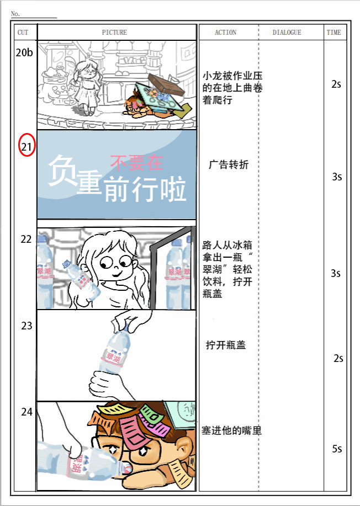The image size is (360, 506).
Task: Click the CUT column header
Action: [23, 32]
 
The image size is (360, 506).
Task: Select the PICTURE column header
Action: [114, 32]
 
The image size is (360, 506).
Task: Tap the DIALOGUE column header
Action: [287, 32]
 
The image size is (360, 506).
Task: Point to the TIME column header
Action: [333, 32]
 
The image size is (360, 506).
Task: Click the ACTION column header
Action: [225, 32]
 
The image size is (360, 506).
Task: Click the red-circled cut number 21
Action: [27, 147]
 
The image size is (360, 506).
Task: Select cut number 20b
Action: [24, 52]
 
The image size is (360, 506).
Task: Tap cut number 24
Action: [27, 412]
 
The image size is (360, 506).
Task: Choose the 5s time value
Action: [337, 449]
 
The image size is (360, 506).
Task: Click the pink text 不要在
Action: [136, 162]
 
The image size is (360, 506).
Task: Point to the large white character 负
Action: [62, 170]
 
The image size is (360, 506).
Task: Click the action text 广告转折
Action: [229, 164]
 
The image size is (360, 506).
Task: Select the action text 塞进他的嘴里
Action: [231, 430]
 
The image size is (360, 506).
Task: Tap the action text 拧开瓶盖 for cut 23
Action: [226, 345]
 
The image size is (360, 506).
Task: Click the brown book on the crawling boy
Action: [166, 84]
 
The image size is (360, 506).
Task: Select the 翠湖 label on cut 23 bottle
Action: [113, 358]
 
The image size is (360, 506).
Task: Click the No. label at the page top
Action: [15, 14]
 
